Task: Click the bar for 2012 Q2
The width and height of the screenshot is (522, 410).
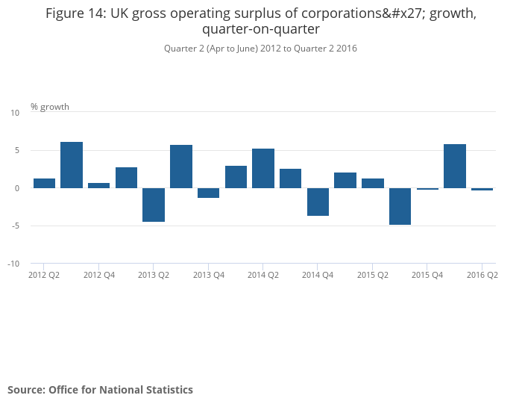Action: (x=45, y=183)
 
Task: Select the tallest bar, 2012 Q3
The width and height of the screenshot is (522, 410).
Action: (x=72, y=165)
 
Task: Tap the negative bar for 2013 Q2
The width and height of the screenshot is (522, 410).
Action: (x=154, y=205)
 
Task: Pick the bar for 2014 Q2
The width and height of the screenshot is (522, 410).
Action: (x=263, y=168)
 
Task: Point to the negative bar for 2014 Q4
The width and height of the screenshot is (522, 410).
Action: (x=318, y=202)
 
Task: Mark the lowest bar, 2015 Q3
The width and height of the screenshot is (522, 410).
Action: (x=400, y=206)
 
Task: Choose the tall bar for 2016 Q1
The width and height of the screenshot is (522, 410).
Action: (x=455, y=166)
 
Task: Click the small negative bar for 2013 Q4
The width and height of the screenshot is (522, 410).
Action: (x=208, y=193)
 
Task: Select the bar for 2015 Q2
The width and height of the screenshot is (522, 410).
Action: (x=373, y=183)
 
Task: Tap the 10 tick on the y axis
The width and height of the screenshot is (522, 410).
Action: (x=15, y=113)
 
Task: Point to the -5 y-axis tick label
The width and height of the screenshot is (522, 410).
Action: (x=14, y=226)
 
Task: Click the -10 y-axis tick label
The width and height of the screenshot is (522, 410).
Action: (x=13, y=264)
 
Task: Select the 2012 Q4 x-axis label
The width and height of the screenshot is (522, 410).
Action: (x=99, y=276)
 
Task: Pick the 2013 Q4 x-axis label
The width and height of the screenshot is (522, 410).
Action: (x=209, y=276)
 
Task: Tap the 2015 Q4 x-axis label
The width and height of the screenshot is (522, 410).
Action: (x=427, y=276)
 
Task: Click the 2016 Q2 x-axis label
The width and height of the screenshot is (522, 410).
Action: (x=482, y=276)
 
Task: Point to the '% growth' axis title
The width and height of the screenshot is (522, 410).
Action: (x=50, y=107)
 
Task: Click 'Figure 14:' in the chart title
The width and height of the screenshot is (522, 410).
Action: (x=78, y=13)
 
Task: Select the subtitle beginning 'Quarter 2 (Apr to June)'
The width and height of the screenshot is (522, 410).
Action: (x=260, y=49)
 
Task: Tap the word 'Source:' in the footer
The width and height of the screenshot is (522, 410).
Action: (x=26, y=390)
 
